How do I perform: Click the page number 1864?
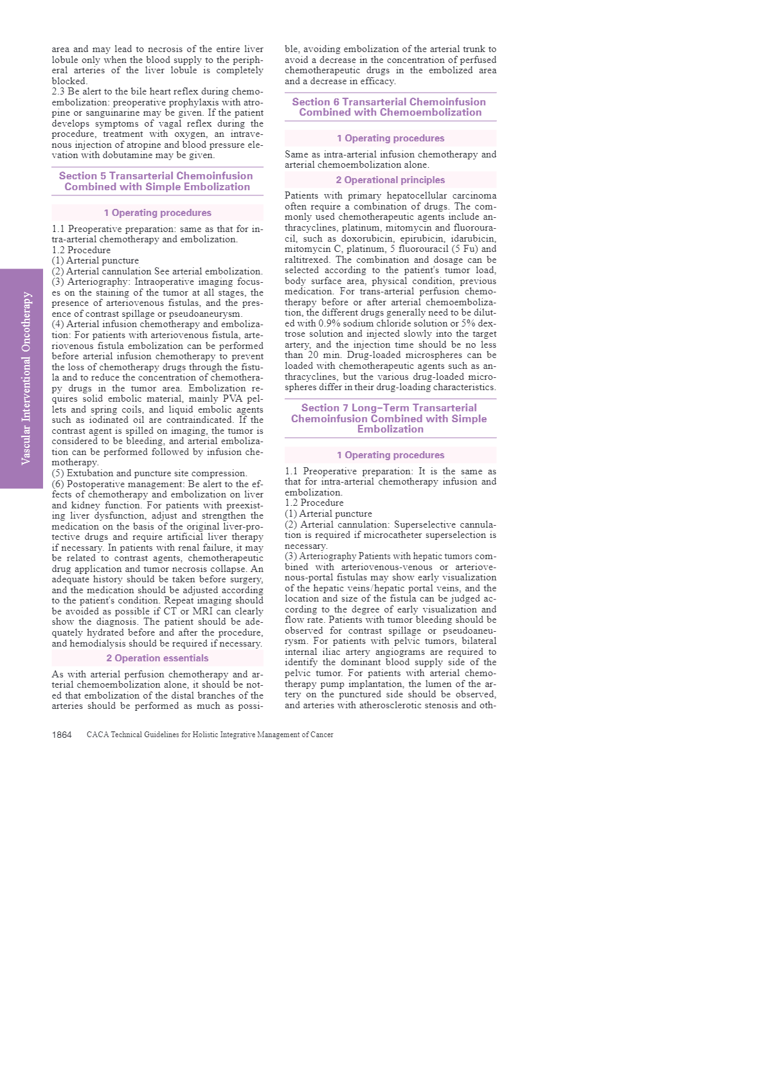click(62, 735)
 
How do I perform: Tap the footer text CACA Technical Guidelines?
click(210, 735)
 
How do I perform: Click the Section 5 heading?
click(157, 181)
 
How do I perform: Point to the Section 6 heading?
click(390, 107)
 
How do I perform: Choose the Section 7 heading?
click(390, 418)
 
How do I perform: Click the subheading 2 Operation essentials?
click(157, 658)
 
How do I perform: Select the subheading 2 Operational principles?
click(390, 180)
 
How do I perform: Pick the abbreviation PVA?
click(232, 399)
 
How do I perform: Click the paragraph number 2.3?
click(59, 91)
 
